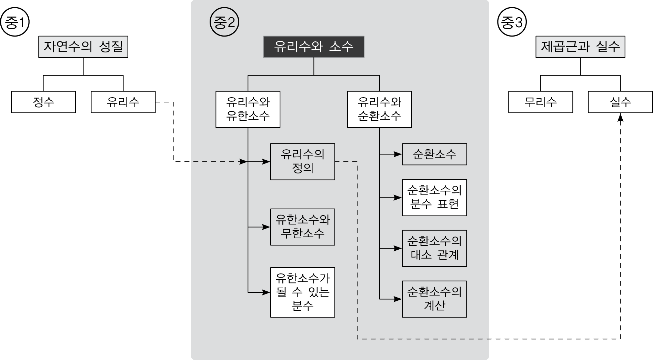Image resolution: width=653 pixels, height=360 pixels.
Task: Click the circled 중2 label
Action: (224, 23)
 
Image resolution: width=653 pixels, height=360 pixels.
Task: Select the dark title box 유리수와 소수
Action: (313, 47)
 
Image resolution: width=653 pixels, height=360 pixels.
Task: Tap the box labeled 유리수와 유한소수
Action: (248, 109)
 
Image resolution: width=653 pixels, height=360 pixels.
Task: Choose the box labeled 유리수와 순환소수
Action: (379, 109)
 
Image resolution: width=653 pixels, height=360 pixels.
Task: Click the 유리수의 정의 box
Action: (302, 161)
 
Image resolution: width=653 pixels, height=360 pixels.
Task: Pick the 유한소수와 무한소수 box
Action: (302, 227)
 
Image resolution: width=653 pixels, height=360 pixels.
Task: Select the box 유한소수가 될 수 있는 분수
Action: (302, 292)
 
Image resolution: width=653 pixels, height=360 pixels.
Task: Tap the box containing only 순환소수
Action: (434, 154)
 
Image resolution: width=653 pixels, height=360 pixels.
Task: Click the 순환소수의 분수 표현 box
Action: (434, 198)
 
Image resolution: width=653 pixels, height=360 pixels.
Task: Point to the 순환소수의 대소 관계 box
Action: (434, 248)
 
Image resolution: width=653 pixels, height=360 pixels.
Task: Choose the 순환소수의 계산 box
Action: (434, 299)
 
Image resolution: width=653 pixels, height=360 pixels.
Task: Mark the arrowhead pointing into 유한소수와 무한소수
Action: (266, 227)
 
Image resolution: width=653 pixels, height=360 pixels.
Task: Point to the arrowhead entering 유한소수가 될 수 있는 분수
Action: (266, 292)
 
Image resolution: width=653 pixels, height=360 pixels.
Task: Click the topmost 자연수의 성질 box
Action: (83, 47)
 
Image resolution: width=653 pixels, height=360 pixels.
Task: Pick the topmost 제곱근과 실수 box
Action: (580, 47)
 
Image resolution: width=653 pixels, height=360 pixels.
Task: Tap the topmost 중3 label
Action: (513, 23)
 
